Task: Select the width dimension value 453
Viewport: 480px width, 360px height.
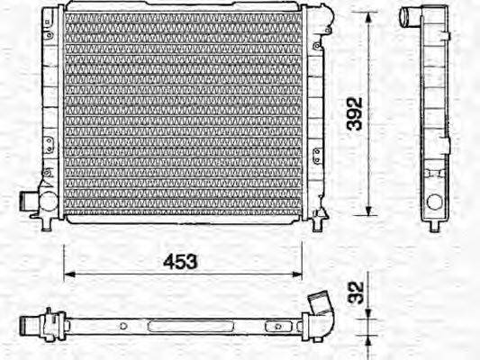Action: coord(179,262)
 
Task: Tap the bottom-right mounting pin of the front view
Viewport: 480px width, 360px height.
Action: coord(317,220)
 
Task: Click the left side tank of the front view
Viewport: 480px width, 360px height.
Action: coord(51,112)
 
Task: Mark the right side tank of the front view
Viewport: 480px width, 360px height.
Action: coord(314,112)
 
